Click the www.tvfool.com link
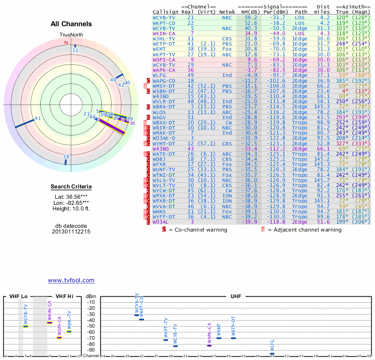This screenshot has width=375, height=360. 71,280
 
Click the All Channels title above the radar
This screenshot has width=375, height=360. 71,24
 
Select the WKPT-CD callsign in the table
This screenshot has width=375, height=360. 164,22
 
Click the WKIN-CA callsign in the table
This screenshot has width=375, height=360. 164,33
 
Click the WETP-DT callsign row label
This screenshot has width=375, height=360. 164,44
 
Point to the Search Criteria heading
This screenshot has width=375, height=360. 71,187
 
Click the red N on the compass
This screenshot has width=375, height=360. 66,43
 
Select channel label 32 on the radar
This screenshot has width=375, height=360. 75,50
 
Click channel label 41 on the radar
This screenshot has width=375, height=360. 38,118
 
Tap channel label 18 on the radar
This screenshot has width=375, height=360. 67,157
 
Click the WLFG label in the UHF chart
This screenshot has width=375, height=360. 272,346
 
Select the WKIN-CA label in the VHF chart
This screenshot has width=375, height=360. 50,311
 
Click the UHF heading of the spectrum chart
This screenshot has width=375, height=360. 236,297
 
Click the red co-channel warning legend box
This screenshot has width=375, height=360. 164,230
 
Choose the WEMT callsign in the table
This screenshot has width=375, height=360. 159,49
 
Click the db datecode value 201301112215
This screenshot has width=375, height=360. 71,232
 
